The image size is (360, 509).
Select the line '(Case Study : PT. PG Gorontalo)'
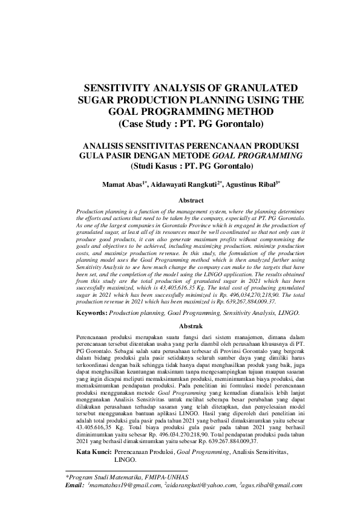pyautogui.click(x=191, y=125)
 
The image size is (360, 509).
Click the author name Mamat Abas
pyautogui.click(x=123, y=183)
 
